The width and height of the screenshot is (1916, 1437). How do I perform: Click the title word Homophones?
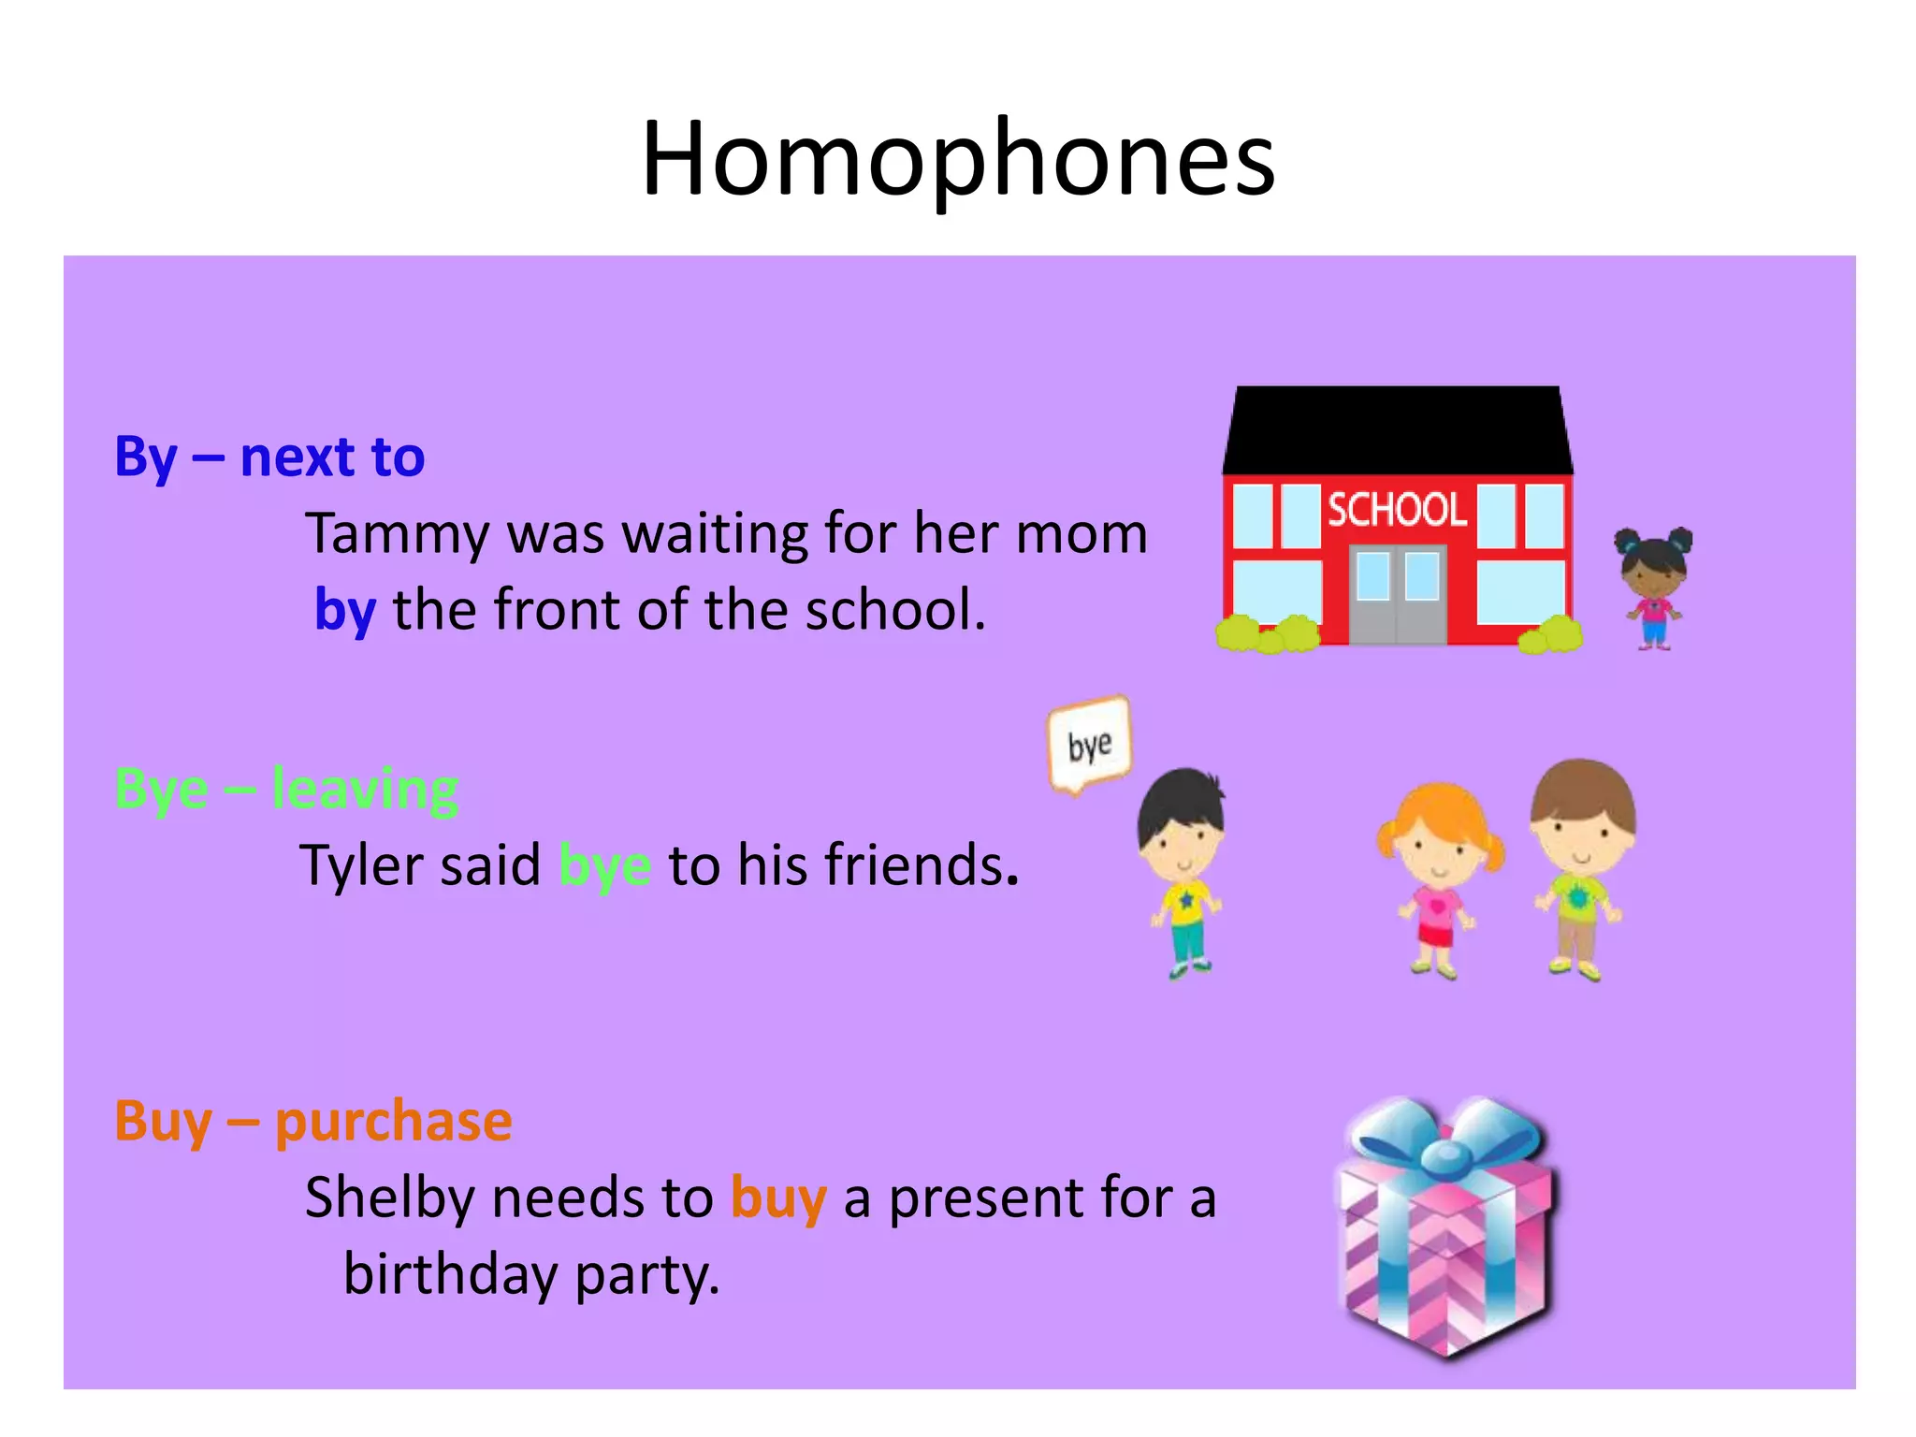pos(958,159)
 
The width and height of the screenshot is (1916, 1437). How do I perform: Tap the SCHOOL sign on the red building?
pos(1397,510)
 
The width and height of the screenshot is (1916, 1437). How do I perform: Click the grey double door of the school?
pos(1398,595)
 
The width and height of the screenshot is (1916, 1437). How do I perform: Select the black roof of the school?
pos(1397,430)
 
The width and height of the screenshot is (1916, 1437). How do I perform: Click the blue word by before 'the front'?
pos(345,611)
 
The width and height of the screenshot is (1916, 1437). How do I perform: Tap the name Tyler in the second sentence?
pos(359,865)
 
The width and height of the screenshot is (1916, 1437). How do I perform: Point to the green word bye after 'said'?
pos(604,865)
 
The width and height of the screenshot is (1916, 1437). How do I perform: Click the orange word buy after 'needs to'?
pos(778,1198)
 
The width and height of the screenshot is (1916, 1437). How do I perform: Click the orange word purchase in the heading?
pos(394,1122)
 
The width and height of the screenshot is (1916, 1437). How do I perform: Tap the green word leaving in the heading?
pos(365,790)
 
